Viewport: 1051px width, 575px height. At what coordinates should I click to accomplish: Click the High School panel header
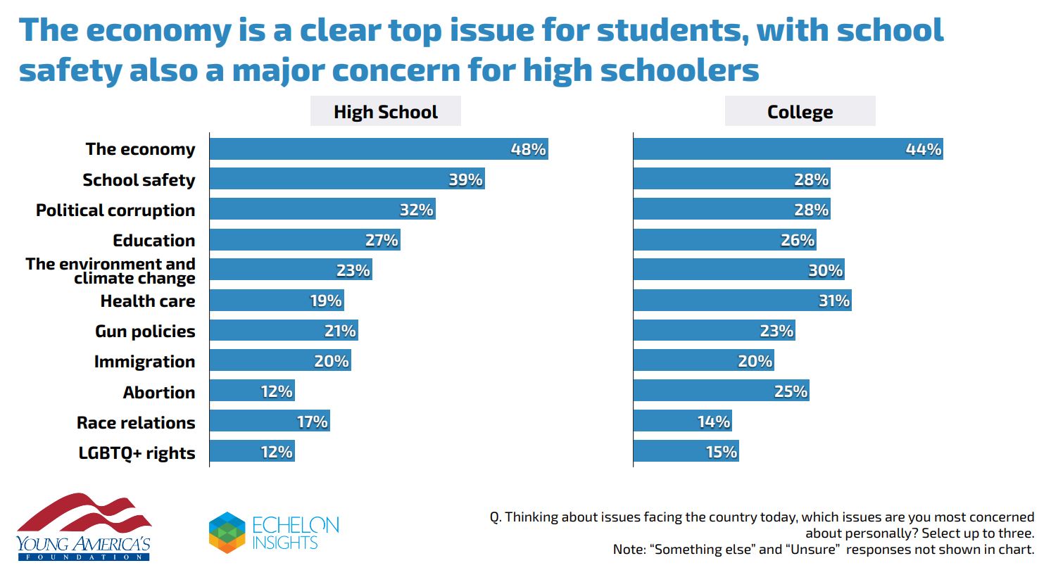pyautogui.click(x=385, y=112)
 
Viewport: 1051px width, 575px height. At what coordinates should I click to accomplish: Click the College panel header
pyautogui.click(x=800, y=112)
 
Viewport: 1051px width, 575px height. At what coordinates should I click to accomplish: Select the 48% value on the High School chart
pyautogui.click(x=528, y=149)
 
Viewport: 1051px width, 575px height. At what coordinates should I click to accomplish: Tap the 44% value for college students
pyautogui.click(x=923, y=149)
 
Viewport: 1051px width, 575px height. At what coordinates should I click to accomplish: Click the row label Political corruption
pyautogui.click(x=115, y=210)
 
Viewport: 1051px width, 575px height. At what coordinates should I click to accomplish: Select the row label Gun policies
pyautogui.click(x=145, y=331)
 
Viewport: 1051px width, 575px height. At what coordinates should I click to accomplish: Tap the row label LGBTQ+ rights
pyautogui.click(x=137, y=453)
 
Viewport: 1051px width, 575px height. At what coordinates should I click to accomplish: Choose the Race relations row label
pyautogui.click(x=136, y=423)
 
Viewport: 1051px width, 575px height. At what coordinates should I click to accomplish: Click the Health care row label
pyautogui.click(x=148, y=301)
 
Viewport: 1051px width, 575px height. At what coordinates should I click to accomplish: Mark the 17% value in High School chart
pyautogui.click(x=312, y=422)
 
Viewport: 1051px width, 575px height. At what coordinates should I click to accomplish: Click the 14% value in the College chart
pyautogui.click(x=713, y=422)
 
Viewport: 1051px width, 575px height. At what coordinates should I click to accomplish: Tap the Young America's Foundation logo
pyautogui.click(x=84, y=526)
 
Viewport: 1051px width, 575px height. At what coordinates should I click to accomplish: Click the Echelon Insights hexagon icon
pyautogui.click(x=227, y=532)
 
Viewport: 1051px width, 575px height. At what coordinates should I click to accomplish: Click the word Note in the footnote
pyautogui.click(x=629, y=550)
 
